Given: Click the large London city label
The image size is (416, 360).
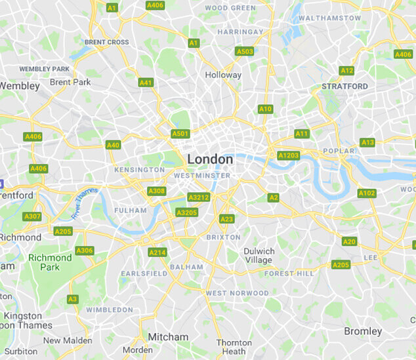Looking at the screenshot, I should coord(210,159).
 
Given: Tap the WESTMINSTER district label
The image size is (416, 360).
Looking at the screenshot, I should coord(202,176).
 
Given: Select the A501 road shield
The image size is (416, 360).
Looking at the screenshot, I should coord(180,134).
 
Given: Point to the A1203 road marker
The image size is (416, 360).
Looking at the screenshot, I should coord(288,155).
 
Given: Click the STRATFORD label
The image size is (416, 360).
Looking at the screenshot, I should coord(344,86).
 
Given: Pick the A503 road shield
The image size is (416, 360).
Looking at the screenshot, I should coord(244,51).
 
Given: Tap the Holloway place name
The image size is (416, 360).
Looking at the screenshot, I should coord(223,75).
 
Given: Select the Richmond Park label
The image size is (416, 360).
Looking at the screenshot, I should coord(50,262).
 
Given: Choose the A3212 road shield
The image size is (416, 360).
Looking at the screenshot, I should coord(198,197).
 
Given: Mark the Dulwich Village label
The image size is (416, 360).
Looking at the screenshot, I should coord(259,256).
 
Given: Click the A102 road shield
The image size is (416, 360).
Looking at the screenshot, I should coord(367,193).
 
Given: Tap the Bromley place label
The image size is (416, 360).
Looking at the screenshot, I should coord(363,331).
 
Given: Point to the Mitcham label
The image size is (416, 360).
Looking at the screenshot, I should coord(168,337).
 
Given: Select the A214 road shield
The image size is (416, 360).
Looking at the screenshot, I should coord(157,252).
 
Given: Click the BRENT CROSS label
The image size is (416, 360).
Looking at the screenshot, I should coord(106,42).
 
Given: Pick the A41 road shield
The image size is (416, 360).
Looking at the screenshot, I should coord(146,83).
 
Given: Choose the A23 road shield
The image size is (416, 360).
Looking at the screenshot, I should coord(226,219).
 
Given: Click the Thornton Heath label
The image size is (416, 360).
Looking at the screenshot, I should coord(234,347).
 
